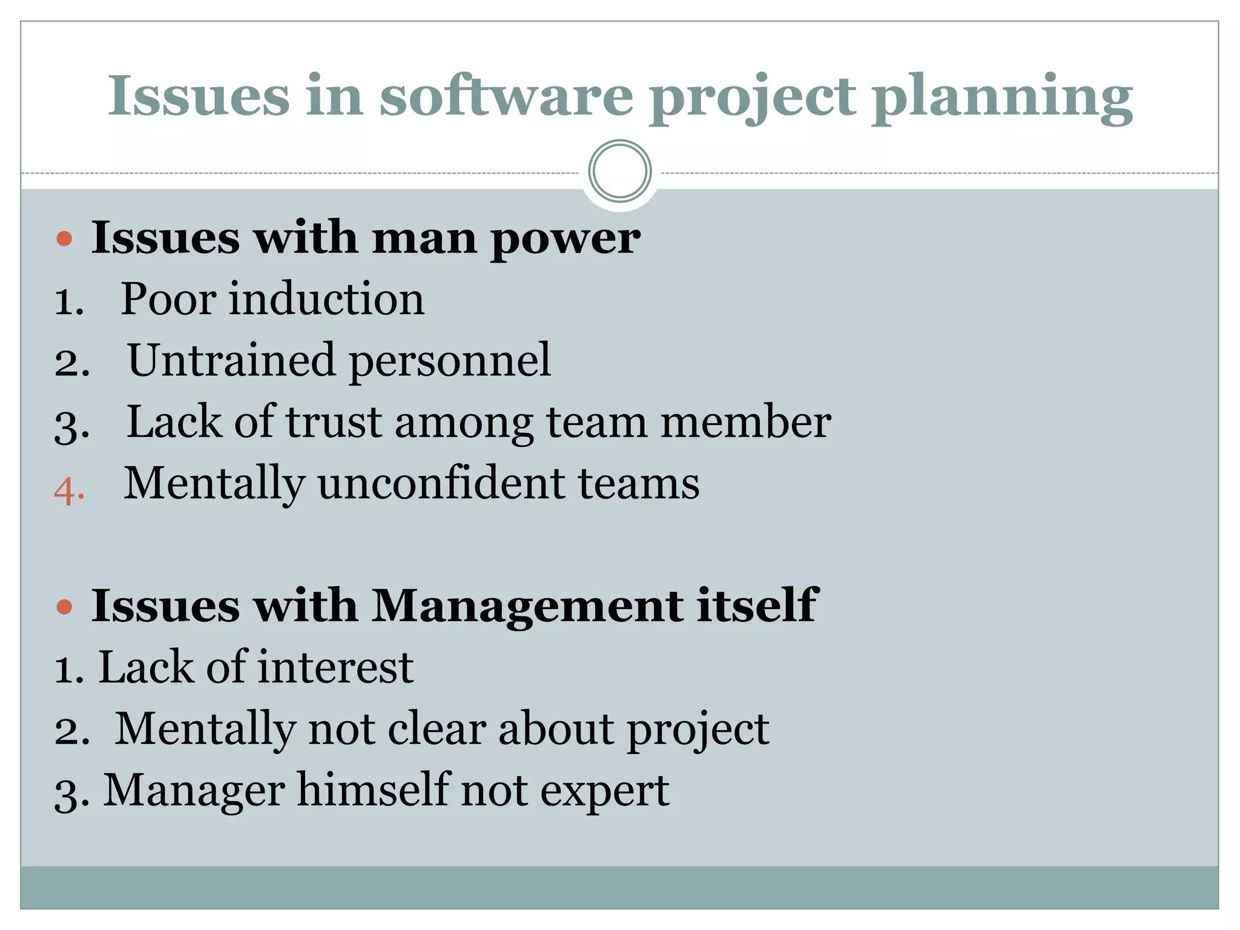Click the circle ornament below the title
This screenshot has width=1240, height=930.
point(620,171)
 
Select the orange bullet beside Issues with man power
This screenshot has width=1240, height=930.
point(64,239)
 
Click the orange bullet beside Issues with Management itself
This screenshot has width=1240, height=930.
point(64,607)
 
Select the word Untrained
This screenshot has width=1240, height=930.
point(231,360)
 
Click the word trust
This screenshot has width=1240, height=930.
point(334,421)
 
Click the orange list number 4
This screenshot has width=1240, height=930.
point(68,490)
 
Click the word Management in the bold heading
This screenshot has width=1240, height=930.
point(527,607)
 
